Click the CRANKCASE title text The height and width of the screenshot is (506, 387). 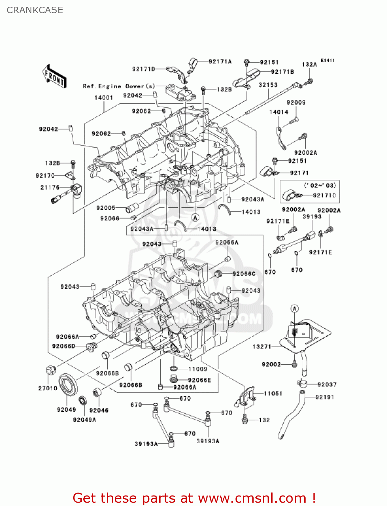(x=35, y=10)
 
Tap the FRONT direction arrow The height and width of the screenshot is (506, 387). (x=54, y=77)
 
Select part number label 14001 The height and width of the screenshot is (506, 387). (x=104, y=98)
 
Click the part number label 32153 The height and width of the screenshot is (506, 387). (x=268, y=85)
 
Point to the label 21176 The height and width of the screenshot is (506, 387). (x=50, y=187)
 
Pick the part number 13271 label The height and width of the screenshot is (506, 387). (x=262, y=346)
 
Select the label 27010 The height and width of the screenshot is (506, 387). (x=48, y=388)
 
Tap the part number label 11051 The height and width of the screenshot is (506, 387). (x=273, y=393)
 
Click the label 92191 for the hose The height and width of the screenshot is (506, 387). (x=325, y=397)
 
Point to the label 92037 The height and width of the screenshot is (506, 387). (x=327, y=385)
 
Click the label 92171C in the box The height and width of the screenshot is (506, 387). (x=324, y=195)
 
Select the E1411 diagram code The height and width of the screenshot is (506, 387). (x=327, y=60)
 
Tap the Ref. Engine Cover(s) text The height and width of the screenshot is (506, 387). (x=119, y=86)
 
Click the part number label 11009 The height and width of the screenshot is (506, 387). (x=197, y=369)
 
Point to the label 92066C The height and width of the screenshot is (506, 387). (x=244, y=274)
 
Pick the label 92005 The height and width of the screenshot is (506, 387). (x=106, y=208)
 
